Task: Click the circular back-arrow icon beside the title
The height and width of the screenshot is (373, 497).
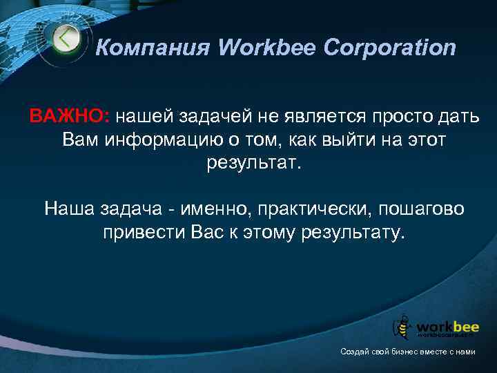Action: (66, 39)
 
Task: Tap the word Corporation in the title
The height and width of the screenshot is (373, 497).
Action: (391, 48)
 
